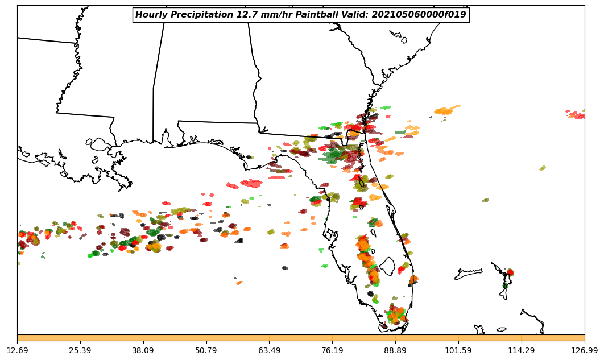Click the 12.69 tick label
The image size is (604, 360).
(17, 350)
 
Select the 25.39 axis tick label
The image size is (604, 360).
(80, 350)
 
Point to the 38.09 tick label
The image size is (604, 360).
(143, 350)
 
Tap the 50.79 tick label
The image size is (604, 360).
(206, 350)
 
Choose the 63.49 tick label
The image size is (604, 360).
(269, 350)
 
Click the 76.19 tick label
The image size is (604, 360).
(332, 350)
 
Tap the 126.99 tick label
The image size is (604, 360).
(584, 350)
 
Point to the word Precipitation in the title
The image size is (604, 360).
(200, 15)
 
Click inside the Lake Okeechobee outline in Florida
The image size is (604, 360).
(387, 266)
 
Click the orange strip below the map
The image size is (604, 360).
(301, 338)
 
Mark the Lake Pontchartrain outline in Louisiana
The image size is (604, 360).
(101, 144)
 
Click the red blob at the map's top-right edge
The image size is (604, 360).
(579, 116)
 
